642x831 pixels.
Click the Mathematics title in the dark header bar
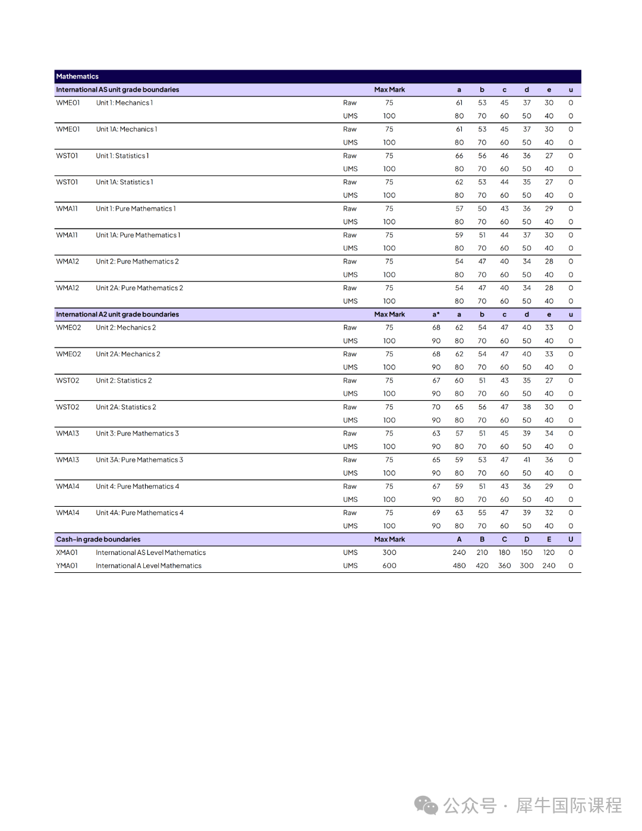(x=77, y=77)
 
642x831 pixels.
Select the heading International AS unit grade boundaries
(x=117, y=90)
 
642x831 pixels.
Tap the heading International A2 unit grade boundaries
(x=117, y=315)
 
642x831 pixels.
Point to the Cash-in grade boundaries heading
(x=98, y=540)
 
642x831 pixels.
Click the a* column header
(x=436, y=315)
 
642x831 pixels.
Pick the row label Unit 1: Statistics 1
(x=122, y=156)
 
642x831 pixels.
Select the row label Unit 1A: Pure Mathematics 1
(x=138, y=235)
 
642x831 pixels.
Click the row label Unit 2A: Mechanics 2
(x=128, y=354)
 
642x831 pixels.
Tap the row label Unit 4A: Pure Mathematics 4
(x=140, y=513)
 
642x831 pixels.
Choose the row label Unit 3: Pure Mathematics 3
(x=137, y=434)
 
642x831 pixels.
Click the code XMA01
(x=67, y=553)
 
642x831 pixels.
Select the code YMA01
(x=67, y=566)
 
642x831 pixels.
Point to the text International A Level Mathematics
(x=149, y=566)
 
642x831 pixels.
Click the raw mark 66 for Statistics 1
(x=459, y=156)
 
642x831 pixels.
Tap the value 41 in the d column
(x=527, y=460)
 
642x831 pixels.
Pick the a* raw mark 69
(x=436, y=513)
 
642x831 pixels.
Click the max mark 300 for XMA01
(x=389, y=553)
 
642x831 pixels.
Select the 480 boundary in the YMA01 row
(x=459, y=566)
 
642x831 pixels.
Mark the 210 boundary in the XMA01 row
(x=482, y=553)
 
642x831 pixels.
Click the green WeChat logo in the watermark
(x=426, y=805)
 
